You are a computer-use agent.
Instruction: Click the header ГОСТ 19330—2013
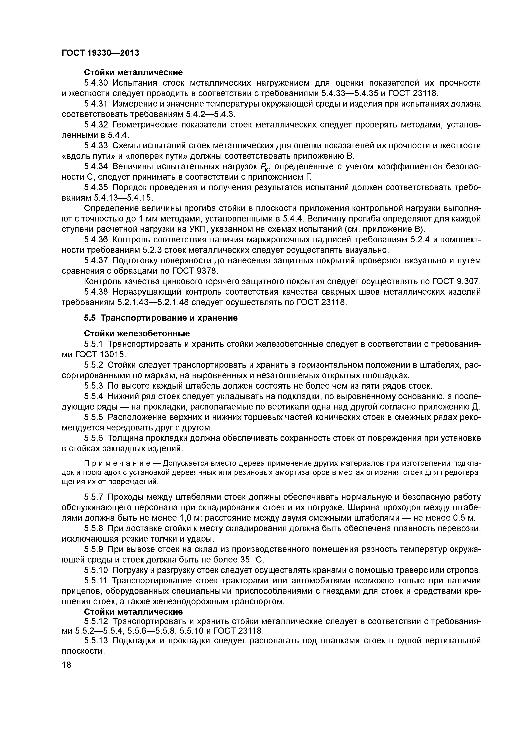coord(100,53)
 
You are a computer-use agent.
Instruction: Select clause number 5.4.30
coord(96,83)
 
